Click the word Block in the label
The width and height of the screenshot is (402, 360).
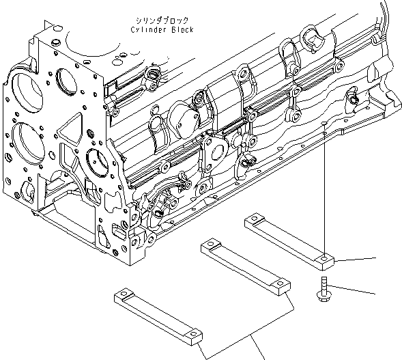(182, 30)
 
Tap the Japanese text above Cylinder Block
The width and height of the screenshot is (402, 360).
(163, 21)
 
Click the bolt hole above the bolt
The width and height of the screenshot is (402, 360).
(322, 258)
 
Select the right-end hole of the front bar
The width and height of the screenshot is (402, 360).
(195, 334)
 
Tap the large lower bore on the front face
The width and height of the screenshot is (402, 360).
(27, 141)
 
